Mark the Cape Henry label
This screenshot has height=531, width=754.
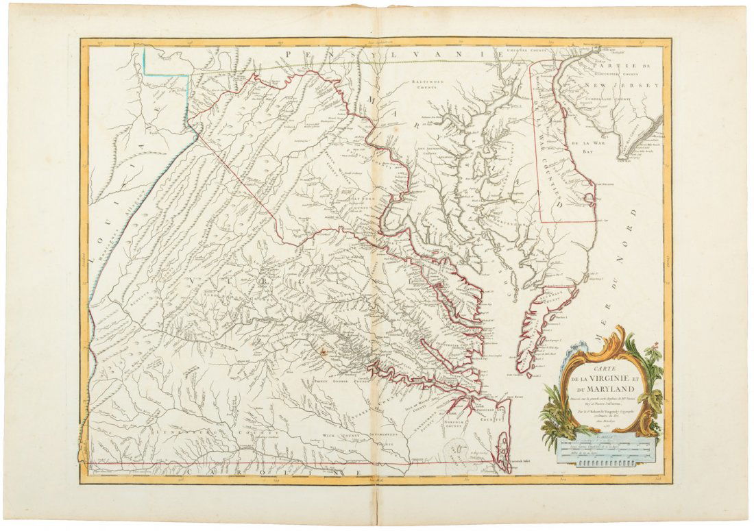tap(498, 396)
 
